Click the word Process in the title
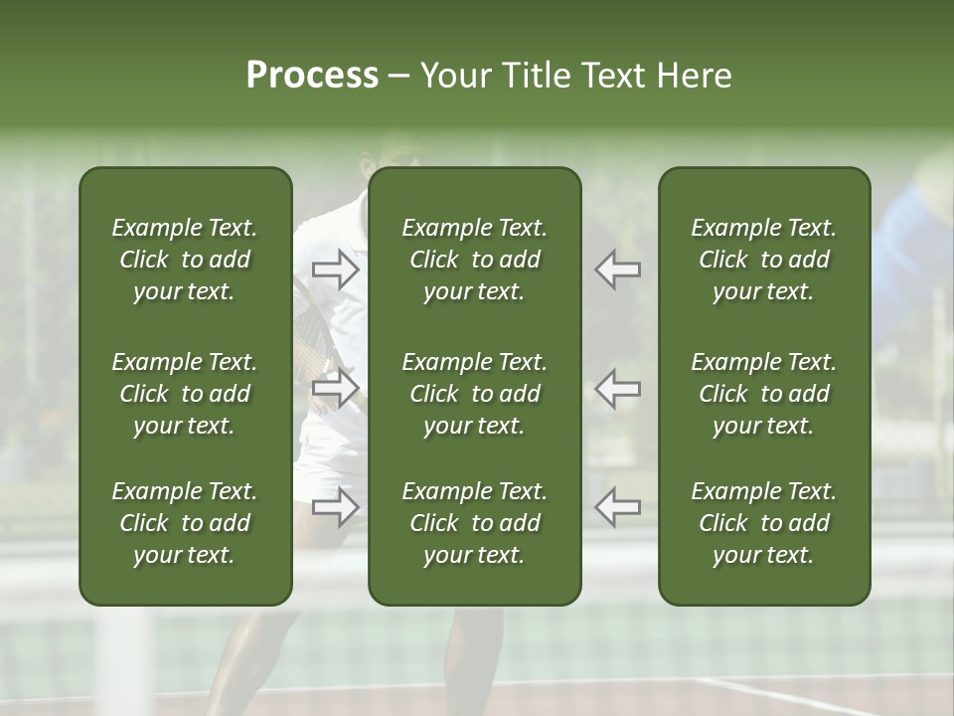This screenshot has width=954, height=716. [312, 76]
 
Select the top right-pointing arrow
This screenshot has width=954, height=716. [336, 269]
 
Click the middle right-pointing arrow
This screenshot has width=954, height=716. [336, 388]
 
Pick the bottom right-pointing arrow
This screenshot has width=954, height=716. [336, 507]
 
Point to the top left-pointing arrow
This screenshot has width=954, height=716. [618, 269]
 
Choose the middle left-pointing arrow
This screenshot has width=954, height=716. [618, 388]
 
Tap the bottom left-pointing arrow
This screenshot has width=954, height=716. [618, 507]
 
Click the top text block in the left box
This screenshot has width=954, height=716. [185, 260]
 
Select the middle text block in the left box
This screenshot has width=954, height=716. [185, 394]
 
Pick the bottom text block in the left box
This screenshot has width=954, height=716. [185, 523]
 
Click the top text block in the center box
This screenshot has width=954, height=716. [475, 260]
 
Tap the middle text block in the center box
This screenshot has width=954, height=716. [475, 394]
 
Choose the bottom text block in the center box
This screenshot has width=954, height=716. [475, 523]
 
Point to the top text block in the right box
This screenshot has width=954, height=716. [764, 260]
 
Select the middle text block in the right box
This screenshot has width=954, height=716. [764, 394]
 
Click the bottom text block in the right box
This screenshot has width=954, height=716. [764, 523]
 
